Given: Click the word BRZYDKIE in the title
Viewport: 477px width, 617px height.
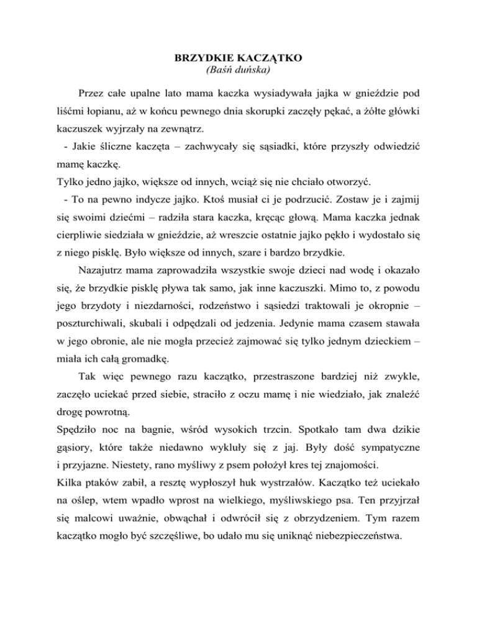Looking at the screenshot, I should tap(197, 58).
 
